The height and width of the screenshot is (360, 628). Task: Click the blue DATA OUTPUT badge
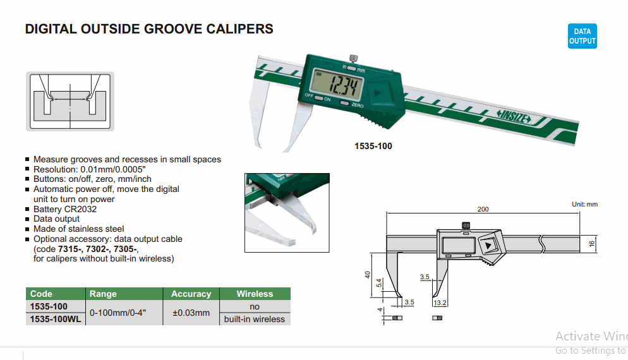click(582, 37)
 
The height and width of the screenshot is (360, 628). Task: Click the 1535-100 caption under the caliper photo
click(373, 147)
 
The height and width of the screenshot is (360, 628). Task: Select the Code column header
click(42, 294)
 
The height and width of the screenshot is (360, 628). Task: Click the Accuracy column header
click(191, 294)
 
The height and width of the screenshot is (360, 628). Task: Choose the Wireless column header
click(255, 294)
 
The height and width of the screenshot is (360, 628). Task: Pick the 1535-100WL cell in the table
click(56, 319)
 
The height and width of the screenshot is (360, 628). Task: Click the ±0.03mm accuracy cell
click(191, 313)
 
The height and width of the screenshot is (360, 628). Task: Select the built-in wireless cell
click(255, 319)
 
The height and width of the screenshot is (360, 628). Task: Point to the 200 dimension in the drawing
click(483, 209)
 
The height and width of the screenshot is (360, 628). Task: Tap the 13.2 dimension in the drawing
click(440, 303)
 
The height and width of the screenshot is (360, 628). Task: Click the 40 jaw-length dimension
click(367, 275)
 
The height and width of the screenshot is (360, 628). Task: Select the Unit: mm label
click(584, 204)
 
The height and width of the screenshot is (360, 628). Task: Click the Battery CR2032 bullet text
click(65, 209)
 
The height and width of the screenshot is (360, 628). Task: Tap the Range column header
click(103, 294)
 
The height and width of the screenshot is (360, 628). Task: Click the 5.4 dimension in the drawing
click(379, 284)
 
